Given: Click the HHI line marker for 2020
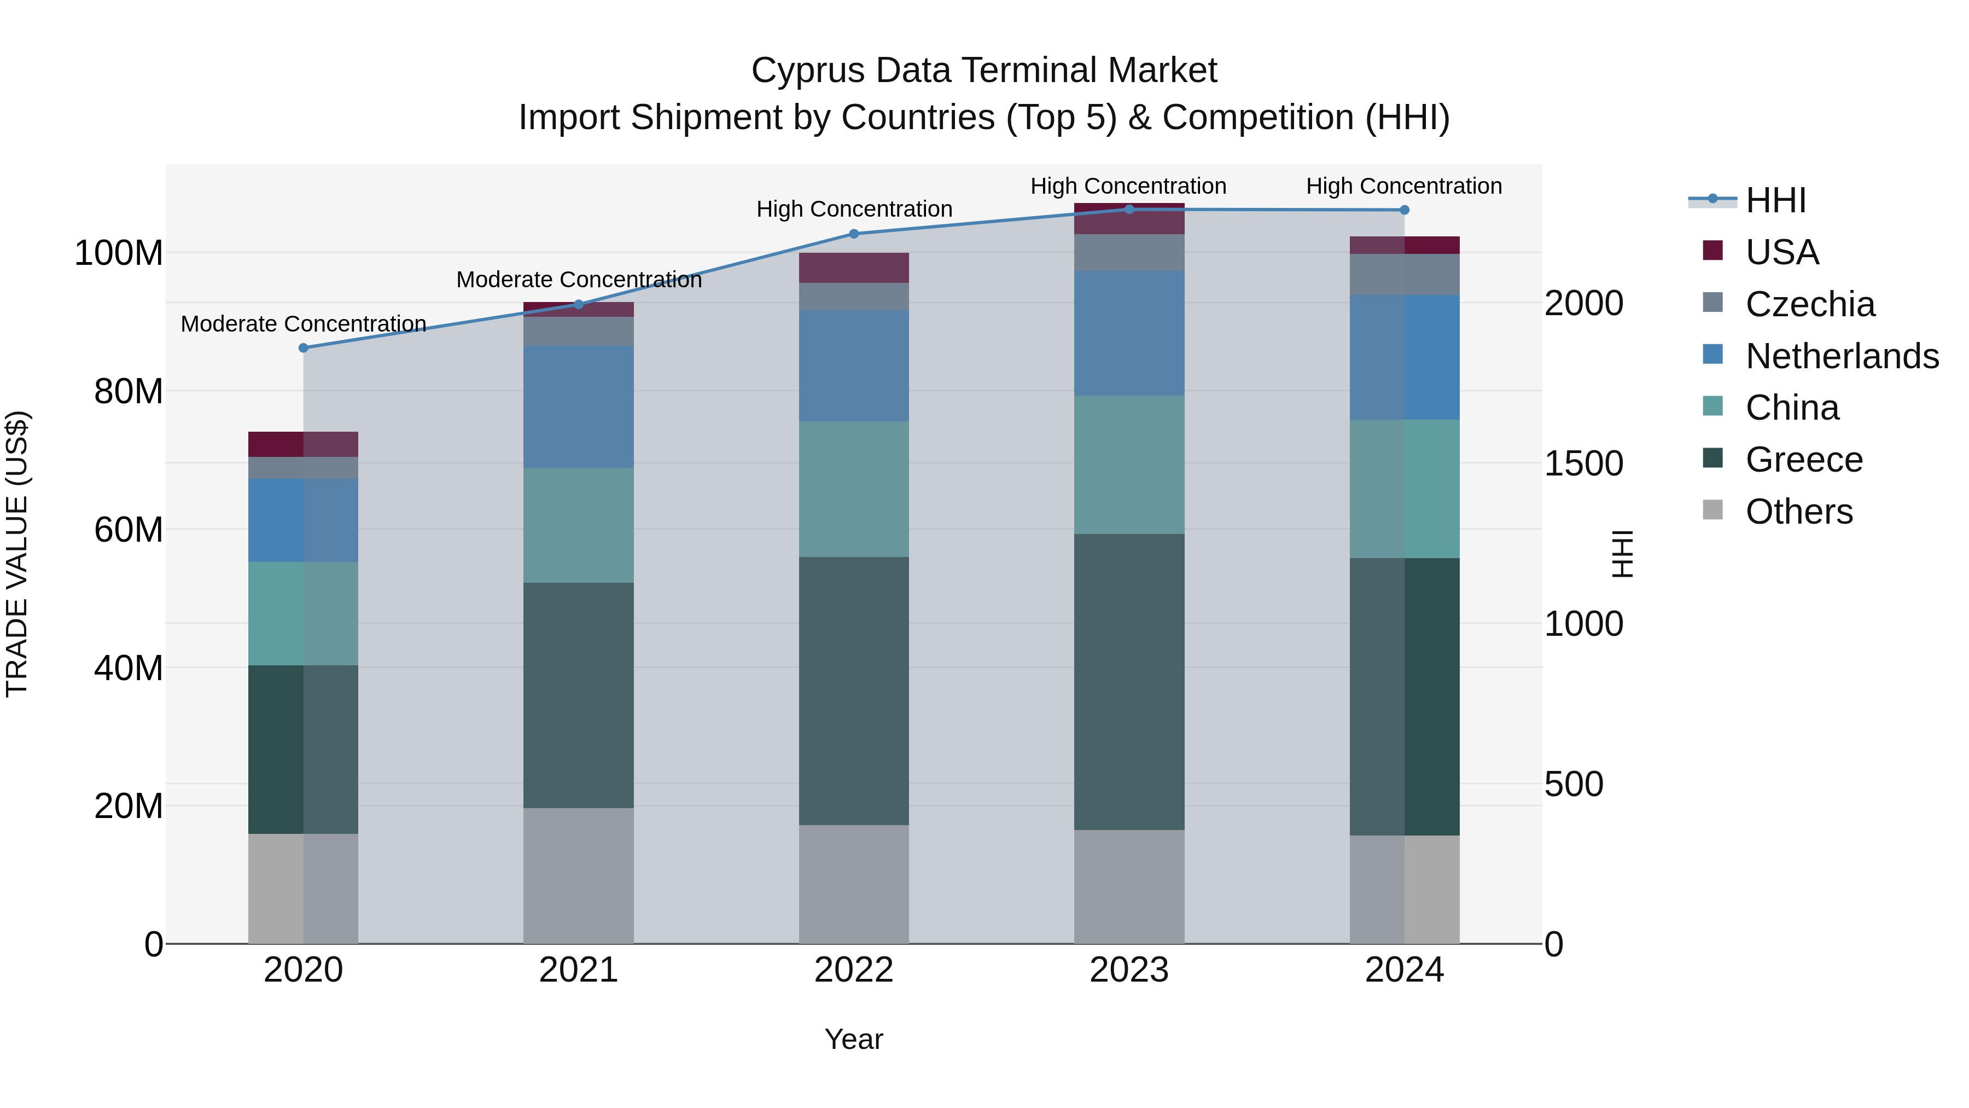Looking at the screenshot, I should click(304, 348).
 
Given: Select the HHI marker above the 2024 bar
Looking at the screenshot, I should click(1404, 210).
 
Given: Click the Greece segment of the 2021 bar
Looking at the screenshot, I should click(579, 695).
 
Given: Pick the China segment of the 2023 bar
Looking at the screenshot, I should click(1129, 465).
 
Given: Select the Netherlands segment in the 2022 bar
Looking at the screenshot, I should click(854, 366).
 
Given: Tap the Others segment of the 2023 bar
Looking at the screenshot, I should click(1129, 887).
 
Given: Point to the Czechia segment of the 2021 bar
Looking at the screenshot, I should click(579, 331).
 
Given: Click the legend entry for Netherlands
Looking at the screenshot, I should click(1842, 356).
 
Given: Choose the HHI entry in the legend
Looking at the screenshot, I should click(1775, 200).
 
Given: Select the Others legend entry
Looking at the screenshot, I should click(1798, 512).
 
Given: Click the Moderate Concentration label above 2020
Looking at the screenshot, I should click(304, 324).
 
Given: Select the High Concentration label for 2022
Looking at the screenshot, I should click(854, 209).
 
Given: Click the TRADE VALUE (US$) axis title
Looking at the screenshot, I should click(17, 554).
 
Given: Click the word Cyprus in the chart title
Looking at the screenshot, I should click(807, 71).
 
